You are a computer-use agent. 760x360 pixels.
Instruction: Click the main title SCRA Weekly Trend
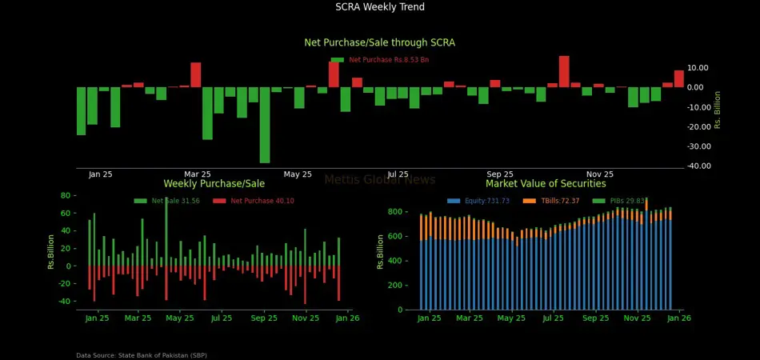(x=380, y=7)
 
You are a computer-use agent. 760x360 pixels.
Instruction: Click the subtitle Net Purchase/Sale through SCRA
(x=380, y=42)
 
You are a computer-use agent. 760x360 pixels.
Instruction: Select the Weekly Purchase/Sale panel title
(x=214, y=184)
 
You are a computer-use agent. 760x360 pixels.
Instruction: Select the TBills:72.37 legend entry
(x=559, y=201)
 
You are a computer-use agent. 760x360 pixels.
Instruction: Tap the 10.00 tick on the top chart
(x=698, y=68)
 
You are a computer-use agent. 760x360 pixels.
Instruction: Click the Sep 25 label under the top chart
(x=500, y=174)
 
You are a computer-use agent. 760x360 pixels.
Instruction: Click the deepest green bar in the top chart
(x=265, y=125)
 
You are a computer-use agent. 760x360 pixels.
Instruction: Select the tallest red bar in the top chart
(x=564, y=71)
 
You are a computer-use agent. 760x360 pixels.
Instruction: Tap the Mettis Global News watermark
(x=380, y=180)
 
